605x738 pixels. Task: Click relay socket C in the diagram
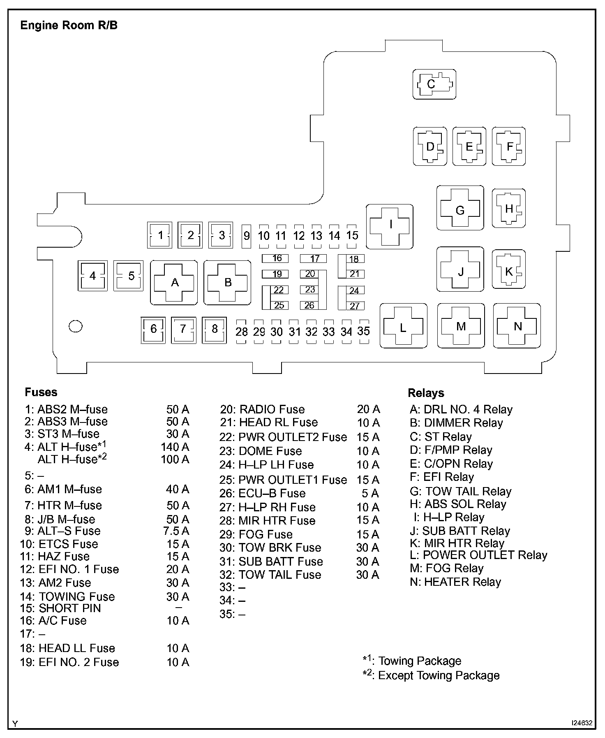pos(434,84)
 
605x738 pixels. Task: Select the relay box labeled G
pos(460,208)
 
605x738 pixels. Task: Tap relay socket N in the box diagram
pos(517,326)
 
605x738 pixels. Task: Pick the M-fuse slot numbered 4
pos(92,276)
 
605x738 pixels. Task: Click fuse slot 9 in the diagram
pos(247,236)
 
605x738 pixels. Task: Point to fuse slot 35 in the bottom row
pos(364,331)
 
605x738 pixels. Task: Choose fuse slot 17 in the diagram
pos(313,259)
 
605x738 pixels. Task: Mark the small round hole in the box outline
pos(76,326)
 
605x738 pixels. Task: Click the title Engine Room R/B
pos(69,26)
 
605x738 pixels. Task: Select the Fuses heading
pos(41,392)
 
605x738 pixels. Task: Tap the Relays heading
pos(426,393)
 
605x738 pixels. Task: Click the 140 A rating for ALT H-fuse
pos(175,447)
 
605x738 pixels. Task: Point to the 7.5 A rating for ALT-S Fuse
pos(176,531)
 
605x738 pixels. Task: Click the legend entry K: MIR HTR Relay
pos(457,543)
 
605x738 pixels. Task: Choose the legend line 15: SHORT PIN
pos(60,608)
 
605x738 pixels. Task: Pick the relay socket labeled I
pos(390,226)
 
